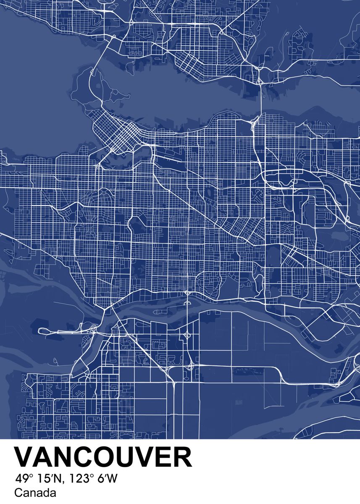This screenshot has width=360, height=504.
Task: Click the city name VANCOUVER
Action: (103, 457)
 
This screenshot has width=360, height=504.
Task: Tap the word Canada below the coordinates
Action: (35, 493)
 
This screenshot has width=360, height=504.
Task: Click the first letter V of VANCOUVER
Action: (24, 457)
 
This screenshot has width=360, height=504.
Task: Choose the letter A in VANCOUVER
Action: (44, 457)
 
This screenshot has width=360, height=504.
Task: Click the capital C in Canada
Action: (18, 493)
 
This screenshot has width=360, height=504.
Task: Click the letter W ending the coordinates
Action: (113, 478)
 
